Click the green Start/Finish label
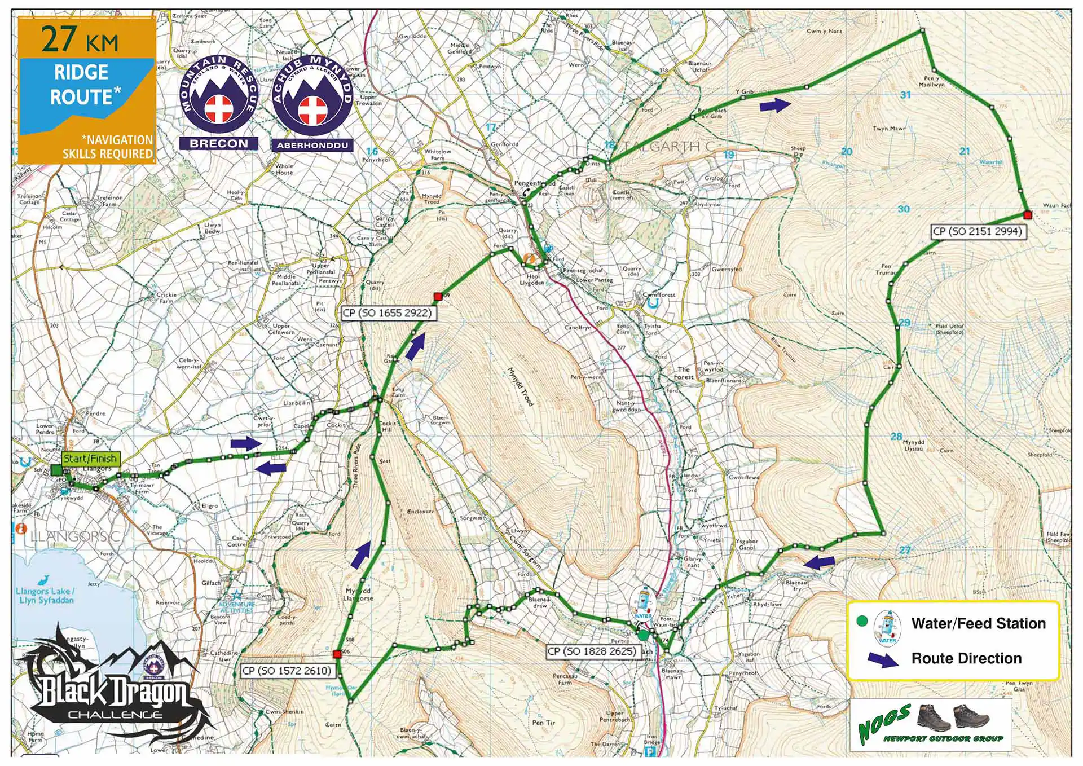(x=90, y=459)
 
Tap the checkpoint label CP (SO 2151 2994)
(x=977, y=231)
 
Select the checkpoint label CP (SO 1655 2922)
(x=387, y=313)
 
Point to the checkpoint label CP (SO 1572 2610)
(x=287, y=671)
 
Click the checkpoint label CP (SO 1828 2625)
(x=592, y=651)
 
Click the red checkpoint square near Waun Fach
(x=1027, y=214)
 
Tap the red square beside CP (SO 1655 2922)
(x=438, y=296)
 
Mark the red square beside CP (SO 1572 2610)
(x=337, y=654)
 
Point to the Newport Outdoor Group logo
(x=931, y=725)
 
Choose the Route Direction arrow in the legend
(x=883, y=659)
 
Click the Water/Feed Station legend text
(x=978, y=623)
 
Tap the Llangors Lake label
(x=45, y=595)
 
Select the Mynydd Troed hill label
(x=520, y=387)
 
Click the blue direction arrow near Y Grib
(x=775, y=105)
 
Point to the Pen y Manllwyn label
(x=931, y=82)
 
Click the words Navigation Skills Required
(x=108, y=147)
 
